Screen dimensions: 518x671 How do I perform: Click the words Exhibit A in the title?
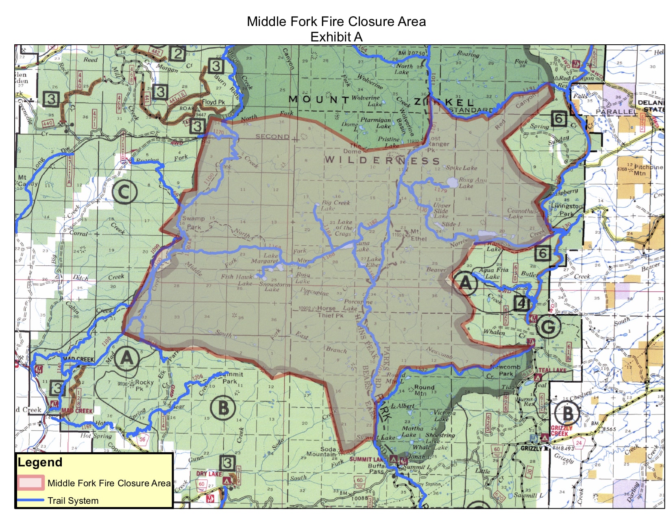(336, 37)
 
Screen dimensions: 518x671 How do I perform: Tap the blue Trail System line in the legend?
(31, 500)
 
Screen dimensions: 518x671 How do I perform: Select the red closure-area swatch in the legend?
(31, 483)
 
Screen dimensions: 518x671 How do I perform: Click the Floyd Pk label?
(213, 102)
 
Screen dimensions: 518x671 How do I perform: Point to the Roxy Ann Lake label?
(472, 183)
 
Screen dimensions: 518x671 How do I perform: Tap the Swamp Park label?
(194, 223)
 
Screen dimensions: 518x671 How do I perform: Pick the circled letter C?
(124, 192)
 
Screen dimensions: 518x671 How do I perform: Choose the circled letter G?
(548, 326)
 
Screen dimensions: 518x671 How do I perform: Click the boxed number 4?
(522, 303)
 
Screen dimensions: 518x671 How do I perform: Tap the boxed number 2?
(178, 54)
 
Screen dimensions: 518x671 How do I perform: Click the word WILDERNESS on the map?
(382, 160)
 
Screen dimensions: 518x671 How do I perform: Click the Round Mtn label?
(424, 390)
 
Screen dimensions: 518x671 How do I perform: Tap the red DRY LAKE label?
(209, 474)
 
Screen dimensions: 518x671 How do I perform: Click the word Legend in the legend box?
(40, 462)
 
